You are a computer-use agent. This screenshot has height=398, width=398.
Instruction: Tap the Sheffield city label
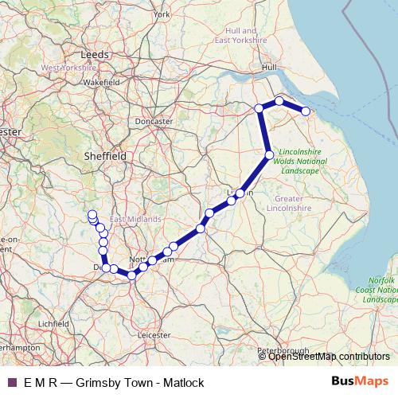[106, 158]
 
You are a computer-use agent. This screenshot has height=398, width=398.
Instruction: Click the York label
[162, 14]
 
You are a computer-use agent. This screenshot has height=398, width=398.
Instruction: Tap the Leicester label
[154, 336]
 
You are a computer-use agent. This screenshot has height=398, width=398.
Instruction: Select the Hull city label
[268, 68]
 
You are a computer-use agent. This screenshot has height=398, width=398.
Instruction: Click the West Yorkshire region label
[68, 68]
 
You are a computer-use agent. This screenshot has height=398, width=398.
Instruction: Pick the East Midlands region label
[135, 219]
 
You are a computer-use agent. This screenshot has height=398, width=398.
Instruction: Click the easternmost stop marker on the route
[305, 111]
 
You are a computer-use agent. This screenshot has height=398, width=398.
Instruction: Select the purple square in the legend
[11, 383]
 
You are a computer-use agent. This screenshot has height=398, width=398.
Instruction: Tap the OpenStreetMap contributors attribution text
[330, 357]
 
